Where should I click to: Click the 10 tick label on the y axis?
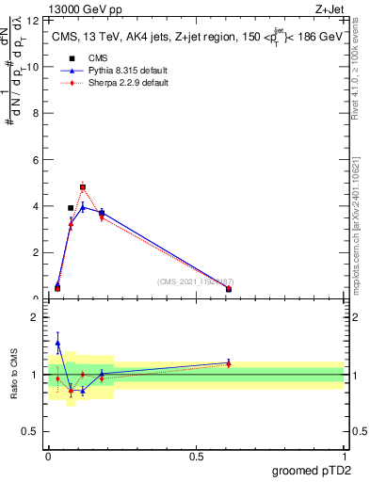pyautogui.click(x=34, y=67)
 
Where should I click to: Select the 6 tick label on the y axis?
pyautogui.click(x=36, y=160)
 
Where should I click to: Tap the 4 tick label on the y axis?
pyautogui.click(x=36, y=206)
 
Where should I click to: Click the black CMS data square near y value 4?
pyautogui.click(x=71, y=208)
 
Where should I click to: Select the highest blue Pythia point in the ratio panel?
pyautogui.click(x=57, y=344)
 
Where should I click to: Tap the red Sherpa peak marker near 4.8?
pyautogui.click(x=83, y=186)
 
